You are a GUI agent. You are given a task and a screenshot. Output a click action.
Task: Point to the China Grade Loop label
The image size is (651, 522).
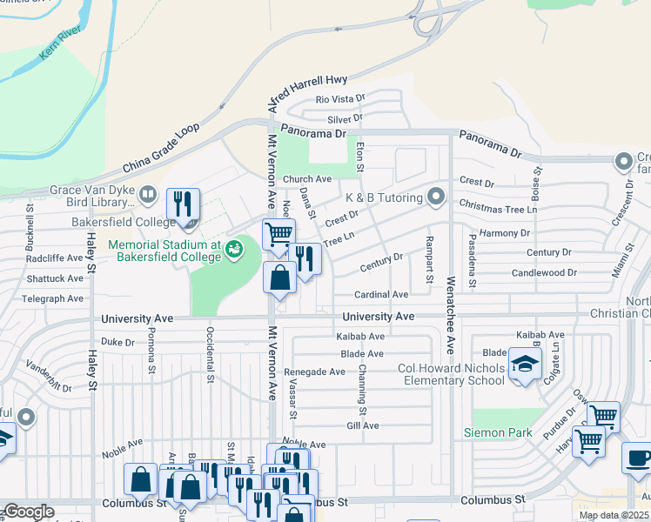point(161,149)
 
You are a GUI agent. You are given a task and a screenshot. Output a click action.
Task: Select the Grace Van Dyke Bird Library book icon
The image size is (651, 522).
point(148,194)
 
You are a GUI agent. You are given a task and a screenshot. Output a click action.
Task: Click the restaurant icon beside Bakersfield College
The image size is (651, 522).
point(183,205)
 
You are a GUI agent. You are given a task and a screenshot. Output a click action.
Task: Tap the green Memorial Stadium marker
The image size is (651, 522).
point(233,250)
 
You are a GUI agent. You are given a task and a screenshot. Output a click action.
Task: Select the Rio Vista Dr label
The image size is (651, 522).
point(340,99)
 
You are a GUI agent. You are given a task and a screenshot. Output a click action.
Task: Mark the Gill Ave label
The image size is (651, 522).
point(363,425)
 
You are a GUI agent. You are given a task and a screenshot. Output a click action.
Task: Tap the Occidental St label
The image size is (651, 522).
point(210,354)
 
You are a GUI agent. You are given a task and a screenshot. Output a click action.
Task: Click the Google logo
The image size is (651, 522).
point(29,512)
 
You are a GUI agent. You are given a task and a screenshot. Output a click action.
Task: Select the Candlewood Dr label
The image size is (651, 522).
point(544,272)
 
